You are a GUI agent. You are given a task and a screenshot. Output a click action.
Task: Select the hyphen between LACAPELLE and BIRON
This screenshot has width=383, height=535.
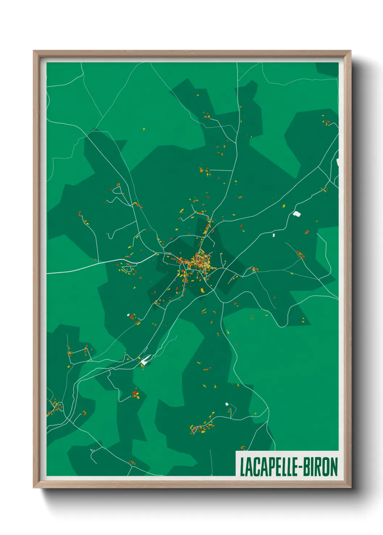pos(299,467)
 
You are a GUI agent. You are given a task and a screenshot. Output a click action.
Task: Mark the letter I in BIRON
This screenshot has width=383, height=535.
pos(311,467)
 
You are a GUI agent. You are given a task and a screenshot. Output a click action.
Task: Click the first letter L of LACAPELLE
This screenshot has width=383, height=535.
pos(242,467)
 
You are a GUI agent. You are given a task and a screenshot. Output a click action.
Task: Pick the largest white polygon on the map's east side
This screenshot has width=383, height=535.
pos(297,214)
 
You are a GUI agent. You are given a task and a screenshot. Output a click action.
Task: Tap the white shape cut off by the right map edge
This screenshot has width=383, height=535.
pos(337,162)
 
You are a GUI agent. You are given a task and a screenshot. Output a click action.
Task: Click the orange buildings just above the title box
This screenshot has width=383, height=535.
pos(243,448)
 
